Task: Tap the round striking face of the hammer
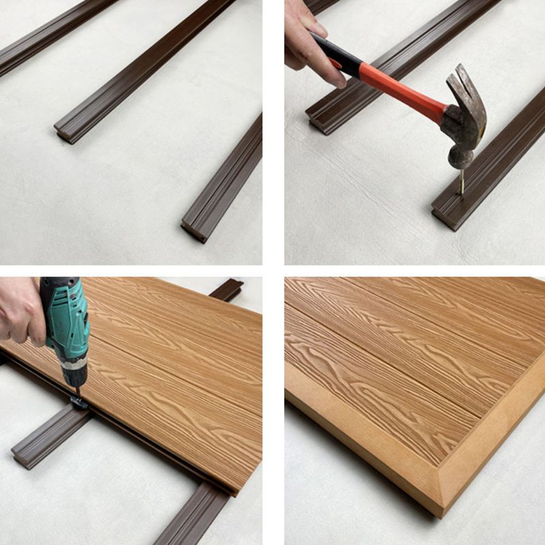[x=460, y=159]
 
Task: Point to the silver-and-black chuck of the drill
[x=74, y=371]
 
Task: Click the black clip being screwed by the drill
[x=78, y=402]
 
